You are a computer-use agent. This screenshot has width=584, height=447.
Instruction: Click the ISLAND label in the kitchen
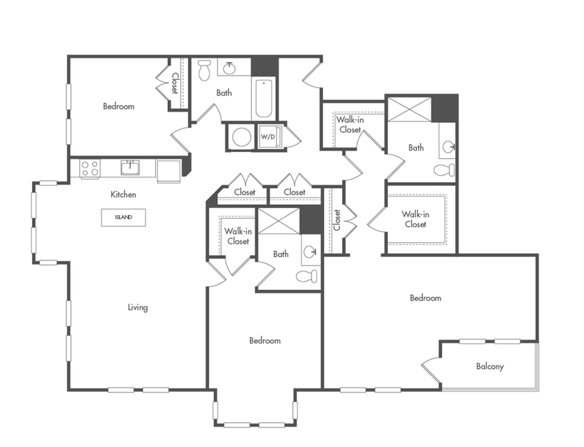(x=123, y=217)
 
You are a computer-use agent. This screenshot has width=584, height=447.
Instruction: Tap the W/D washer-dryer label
(x=267, y=137)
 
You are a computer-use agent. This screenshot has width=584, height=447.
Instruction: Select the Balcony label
(x=489, y=367)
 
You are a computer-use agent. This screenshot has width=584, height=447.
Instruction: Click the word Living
(x=138, y=307)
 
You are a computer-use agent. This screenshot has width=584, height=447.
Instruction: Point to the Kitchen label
(x=123, y=195)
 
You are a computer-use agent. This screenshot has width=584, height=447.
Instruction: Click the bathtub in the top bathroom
(x=263, y=99)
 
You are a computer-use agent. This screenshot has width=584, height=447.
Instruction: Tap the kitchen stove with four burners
(x=89, y=168)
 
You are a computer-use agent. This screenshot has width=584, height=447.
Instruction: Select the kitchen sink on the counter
(x=130, y=168)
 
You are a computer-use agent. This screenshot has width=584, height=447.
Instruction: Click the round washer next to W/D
(x=241, y=137)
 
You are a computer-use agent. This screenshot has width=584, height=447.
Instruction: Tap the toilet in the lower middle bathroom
(x=306, y=276)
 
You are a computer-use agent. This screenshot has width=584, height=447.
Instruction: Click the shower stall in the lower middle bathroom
(x=279, y=221)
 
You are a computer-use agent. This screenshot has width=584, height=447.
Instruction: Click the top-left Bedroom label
(x=119, y=106)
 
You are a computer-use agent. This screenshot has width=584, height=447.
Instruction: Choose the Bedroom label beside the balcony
(x=425, y=298)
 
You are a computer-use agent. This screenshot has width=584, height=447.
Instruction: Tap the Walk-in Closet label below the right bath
(x=415, y=219)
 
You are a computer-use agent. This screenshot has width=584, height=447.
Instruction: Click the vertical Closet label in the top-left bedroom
(x=175, y=83)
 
